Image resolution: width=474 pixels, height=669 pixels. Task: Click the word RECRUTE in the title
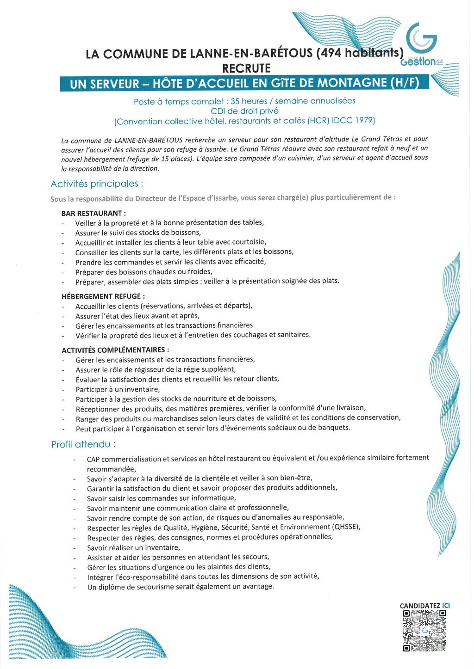[246, 68]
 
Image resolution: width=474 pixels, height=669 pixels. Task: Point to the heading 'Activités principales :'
[97, 184]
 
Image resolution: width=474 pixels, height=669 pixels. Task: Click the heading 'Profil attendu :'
[83, 445]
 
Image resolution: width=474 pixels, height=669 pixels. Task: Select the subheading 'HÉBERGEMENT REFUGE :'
[103, 296]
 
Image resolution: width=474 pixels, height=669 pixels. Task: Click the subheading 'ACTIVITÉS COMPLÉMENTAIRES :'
[115, 350]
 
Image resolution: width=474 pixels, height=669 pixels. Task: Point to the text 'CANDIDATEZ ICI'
[424, 606]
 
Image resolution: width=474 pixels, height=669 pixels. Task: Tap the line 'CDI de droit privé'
[244, 111]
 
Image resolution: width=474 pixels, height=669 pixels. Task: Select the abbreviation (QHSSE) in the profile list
[346, 527]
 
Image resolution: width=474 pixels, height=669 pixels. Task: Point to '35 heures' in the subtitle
[249, 101]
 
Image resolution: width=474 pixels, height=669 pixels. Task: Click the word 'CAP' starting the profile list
[94, 459]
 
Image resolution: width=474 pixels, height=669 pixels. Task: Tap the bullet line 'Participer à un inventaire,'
[118, 389]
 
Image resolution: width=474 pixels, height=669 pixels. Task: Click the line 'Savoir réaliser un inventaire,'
[133, 547]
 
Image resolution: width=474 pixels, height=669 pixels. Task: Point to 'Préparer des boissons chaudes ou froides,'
[144, 272]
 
